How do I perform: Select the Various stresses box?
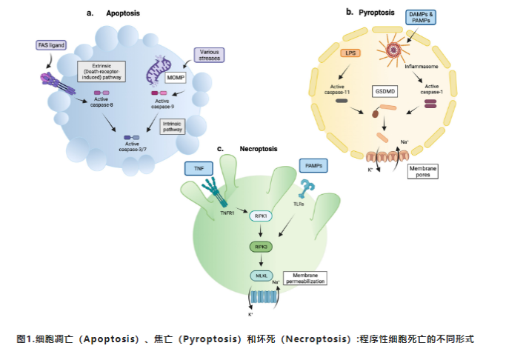coord(209,55)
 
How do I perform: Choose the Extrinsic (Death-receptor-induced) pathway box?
coord(102,72)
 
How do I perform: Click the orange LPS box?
coord(350,53)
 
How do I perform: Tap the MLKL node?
coord(261,276)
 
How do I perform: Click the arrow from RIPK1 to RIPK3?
coord(260,231)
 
